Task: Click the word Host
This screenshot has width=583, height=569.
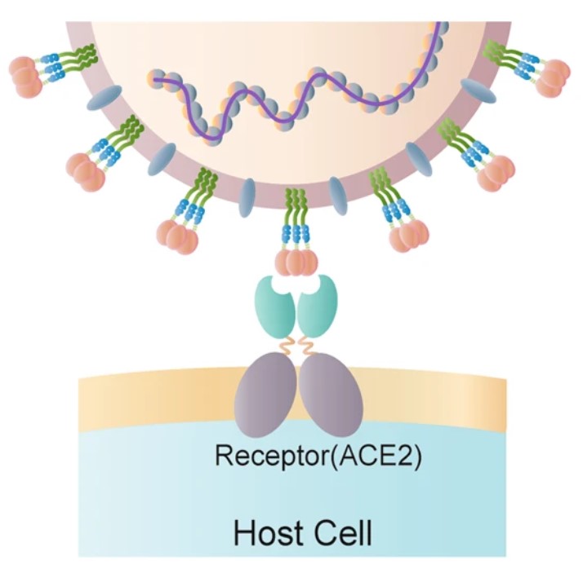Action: click(x=266, y=534)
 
